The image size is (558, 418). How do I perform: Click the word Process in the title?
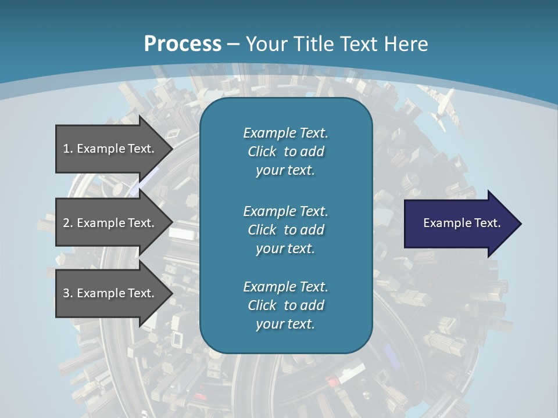(x=182, y=44)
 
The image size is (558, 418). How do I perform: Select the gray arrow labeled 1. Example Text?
(x=110, y=149)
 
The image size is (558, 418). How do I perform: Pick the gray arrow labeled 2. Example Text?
(x=110, y=223)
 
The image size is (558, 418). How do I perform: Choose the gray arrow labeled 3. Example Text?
(x=110, y=293)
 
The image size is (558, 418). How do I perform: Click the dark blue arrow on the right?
(x=459, y=224)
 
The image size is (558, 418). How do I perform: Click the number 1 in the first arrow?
(x=66, y=149)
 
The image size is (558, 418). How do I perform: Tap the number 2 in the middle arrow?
(x=66, y=223)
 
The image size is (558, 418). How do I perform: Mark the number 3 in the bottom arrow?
(x=66, y=293)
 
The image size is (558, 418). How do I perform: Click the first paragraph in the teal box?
(x=285, y=152)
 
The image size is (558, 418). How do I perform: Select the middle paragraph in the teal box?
(x=285, y=230)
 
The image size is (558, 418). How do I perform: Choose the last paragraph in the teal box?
(x=285, y=305)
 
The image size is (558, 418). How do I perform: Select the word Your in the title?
(x=266, y=44)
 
